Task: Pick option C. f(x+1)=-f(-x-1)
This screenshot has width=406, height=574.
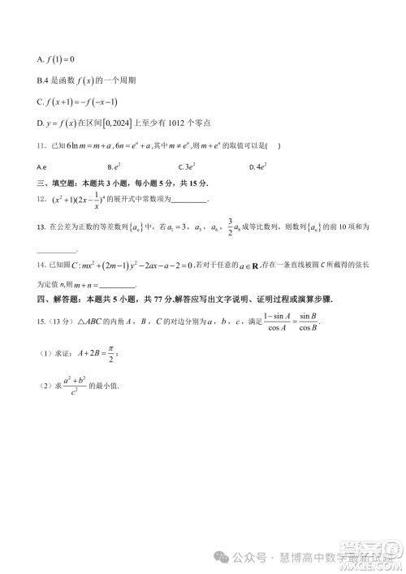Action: (82, 101)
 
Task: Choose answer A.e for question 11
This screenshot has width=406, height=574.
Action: (41, 166)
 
